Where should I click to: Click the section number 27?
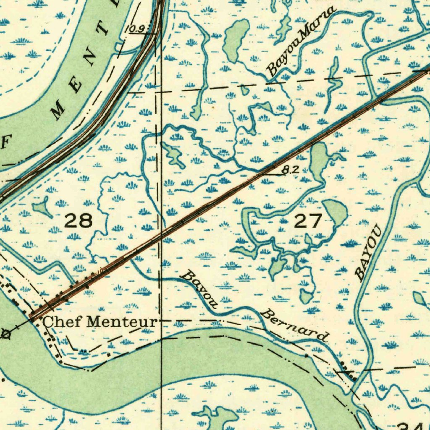pyautogui.click(x=308, y=221)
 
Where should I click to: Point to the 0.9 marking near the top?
pyautogui.click(x=136, y=29)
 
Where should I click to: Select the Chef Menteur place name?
pyautogui.click(x=100, y=322)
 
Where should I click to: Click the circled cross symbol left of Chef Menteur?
pyautogui.click(x=6, y=334)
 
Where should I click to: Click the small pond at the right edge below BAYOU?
pyautogui.click(x=420, y=299)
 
